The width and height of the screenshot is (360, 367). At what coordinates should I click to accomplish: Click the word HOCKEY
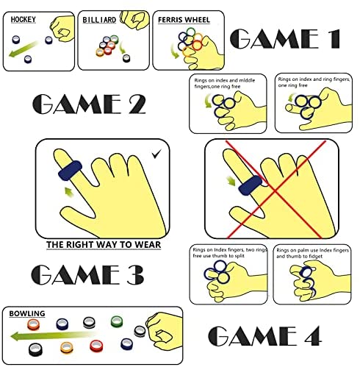coord(24,20)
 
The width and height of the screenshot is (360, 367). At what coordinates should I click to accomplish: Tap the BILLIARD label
coord(99,20)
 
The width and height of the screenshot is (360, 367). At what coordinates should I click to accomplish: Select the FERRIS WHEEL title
coord(184,20)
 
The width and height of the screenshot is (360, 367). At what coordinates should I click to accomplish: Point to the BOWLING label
coord(27,313)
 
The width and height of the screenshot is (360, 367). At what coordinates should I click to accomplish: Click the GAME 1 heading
coord(285,39)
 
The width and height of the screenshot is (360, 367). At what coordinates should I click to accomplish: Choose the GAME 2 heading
coord(89,104)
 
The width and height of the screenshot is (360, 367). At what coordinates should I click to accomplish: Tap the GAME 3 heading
coord(87,274)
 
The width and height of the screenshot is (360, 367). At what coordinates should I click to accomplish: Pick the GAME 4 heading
coord(264,336)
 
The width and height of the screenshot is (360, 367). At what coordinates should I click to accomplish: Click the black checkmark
coord(156,154)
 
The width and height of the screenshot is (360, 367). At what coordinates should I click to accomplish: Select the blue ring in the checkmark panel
coord(70,171)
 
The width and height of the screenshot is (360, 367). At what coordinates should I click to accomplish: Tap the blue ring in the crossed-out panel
coord(250,186)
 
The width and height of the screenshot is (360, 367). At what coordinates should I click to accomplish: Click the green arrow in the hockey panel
coord(24,49)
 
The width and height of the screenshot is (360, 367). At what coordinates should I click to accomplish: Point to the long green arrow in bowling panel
coord(53,335)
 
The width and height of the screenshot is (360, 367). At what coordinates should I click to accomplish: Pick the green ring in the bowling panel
coord(116,321)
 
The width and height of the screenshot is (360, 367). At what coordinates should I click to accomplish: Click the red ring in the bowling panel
coord(96,346)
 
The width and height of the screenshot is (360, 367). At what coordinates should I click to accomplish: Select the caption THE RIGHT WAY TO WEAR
coord(104,245)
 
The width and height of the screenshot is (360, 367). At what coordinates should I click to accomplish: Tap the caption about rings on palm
coord(312,253)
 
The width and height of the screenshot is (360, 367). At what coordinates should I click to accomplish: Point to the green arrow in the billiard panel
coord(123,48)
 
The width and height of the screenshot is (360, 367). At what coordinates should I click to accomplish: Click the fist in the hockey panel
coord(62,28)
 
